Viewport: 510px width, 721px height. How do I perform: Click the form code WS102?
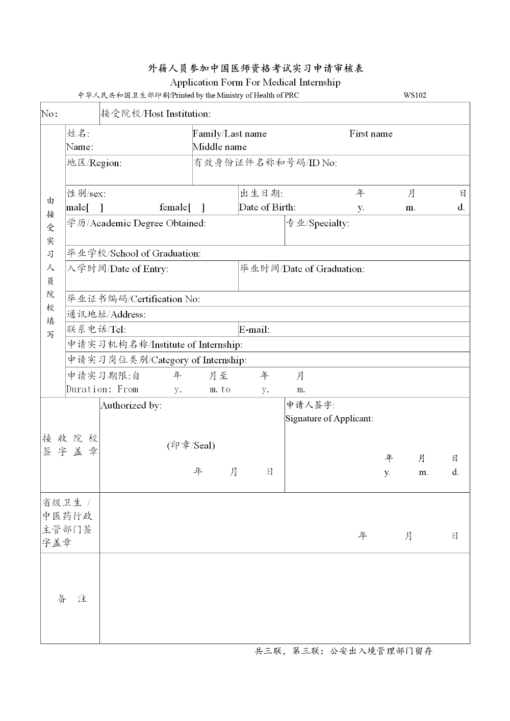pos(415,95)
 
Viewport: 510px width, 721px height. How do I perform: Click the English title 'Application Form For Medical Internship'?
pos(255,83)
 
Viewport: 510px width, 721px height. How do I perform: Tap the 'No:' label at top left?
pos(49,114)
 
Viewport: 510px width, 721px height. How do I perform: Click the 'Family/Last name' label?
pos(229,134)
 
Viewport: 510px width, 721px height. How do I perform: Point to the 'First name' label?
pos(371,134)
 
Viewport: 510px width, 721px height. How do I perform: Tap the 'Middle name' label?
pos(220,147)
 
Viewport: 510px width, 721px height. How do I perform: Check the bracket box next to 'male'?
pos(95,207)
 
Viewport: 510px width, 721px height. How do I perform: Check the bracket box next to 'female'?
pos(196,207)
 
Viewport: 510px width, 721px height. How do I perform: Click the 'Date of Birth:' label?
pos(267,207)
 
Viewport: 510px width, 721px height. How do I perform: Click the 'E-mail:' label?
pos(254,330)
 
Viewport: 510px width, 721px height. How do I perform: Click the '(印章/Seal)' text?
pos(191,445)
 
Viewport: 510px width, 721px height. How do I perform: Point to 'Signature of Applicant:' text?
pos(329,419)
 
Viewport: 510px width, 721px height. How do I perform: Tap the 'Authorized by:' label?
pos(131,406)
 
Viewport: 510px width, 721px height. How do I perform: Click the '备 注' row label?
pos(72,599)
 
